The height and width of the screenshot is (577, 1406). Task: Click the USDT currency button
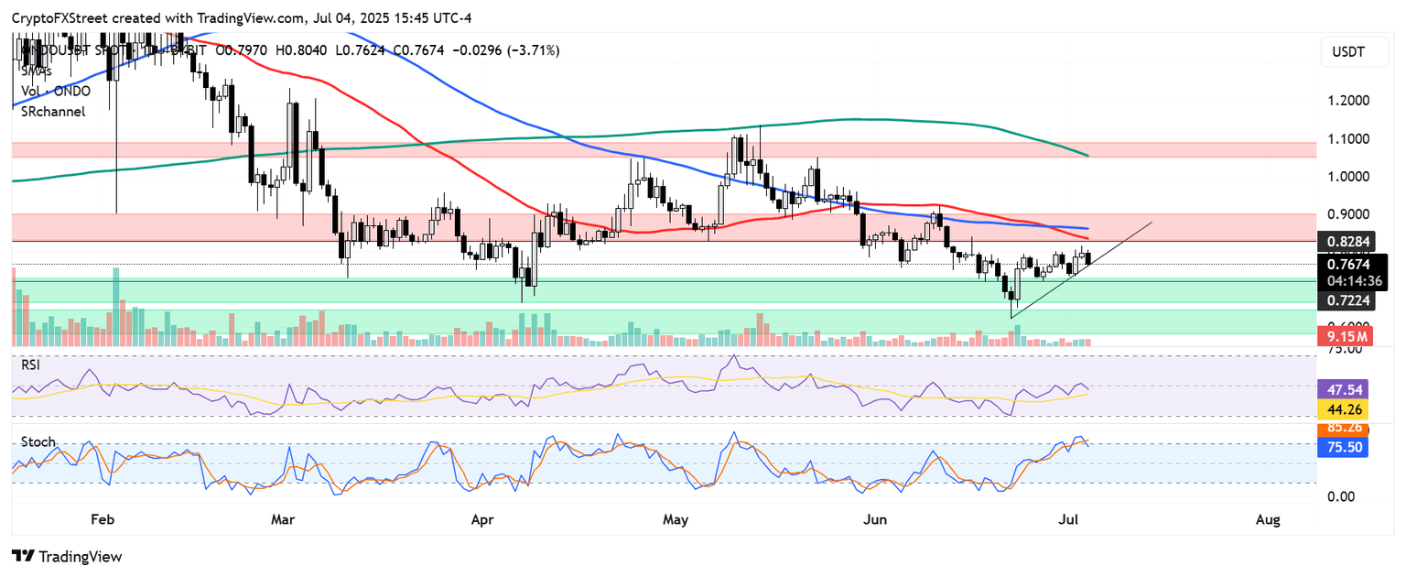pos(1347,52)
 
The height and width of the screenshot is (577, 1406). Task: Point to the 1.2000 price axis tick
pos(1350,100)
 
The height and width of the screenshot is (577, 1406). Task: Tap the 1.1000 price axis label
pos(1350,138)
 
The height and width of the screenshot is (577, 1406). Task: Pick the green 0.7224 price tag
pos(1350,300)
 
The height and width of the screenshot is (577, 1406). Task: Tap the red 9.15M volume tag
pos(1347,337)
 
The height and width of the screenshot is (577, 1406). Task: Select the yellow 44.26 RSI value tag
pos(1341,408)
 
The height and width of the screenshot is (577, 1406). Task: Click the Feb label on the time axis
pos(102,520)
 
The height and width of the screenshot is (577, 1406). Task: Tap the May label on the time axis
pos(676,520)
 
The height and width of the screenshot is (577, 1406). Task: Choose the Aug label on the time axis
pos(1268,520)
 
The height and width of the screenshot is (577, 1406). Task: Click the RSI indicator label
pos(32,365)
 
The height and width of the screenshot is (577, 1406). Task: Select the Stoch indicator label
pos(38,441)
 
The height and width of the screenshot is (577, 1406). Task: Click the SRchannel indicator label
pos(54,111)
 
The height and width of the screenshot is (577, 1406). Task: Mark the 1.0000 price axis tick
pos(1350,177)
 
